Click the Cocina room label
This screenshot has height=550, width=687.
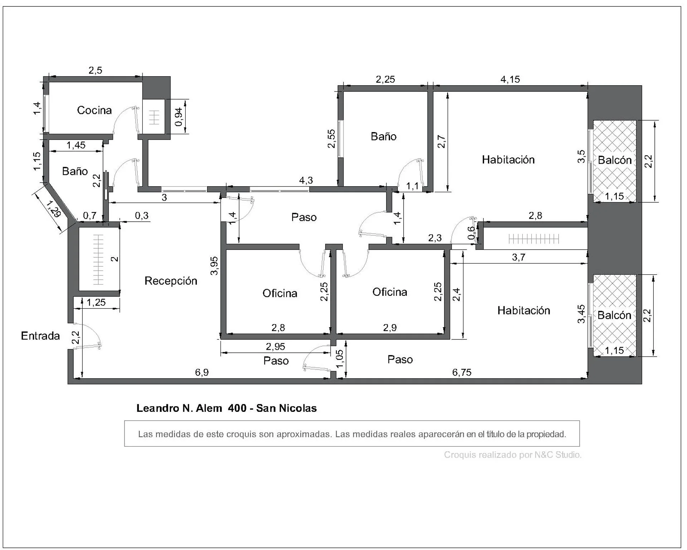pos(94,110)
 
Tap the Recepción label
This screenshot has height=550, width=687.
pos(171,281)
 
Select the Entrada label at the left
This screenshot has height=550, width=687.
pos(40,336)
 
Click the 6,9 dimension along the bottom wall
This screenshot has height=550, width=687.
pos(202,372)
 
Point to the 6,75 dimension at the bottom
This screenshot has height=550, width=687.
pos(462,372)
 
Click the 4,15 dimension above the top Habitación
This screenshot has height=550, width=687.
pos(510,79)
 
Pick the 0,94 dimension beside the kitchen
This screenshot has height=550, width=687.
pos(179,117)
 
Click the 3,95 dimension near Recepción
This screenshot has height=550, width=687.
pos(214,265)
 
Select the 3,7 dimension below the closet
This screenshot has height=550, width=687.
pos(518,257)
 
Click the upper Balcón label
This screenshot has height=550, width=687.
pos(615,160)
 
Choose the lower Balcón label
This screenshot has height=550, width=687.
pos(614,315)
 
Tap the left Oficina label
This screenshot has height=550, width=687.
pos(280,293)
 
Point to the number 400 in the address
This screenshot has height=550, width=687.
pos(237,408)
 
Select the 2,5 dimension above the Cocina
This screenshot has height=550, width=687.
pos(96,71)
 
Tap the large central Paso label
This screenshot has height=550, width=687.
pos(304,217)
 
